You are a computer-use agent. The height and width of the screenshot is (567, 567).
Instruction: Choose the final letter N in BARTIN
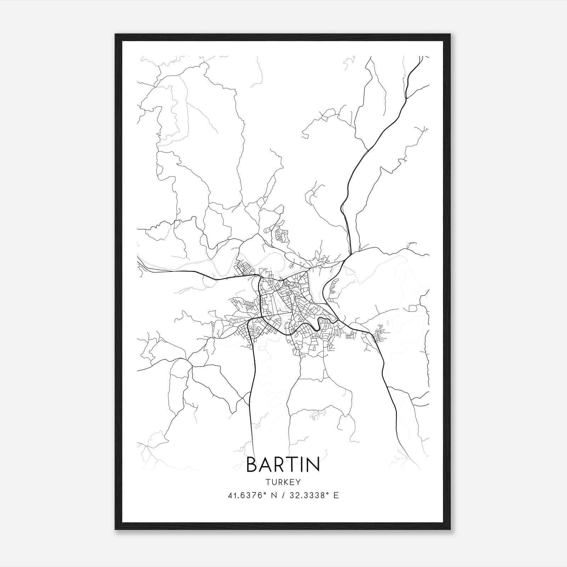[x=314, y=465]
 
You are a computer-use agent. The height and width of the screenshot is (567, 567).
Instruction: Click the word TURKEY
[x=283, y=482]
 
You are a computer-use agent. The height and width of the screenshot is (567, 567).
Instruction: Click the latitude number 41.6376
[x=244, y=495]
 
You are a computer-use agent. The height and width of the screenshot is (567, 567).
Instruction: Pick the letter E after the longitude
[x=336, y=495]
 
